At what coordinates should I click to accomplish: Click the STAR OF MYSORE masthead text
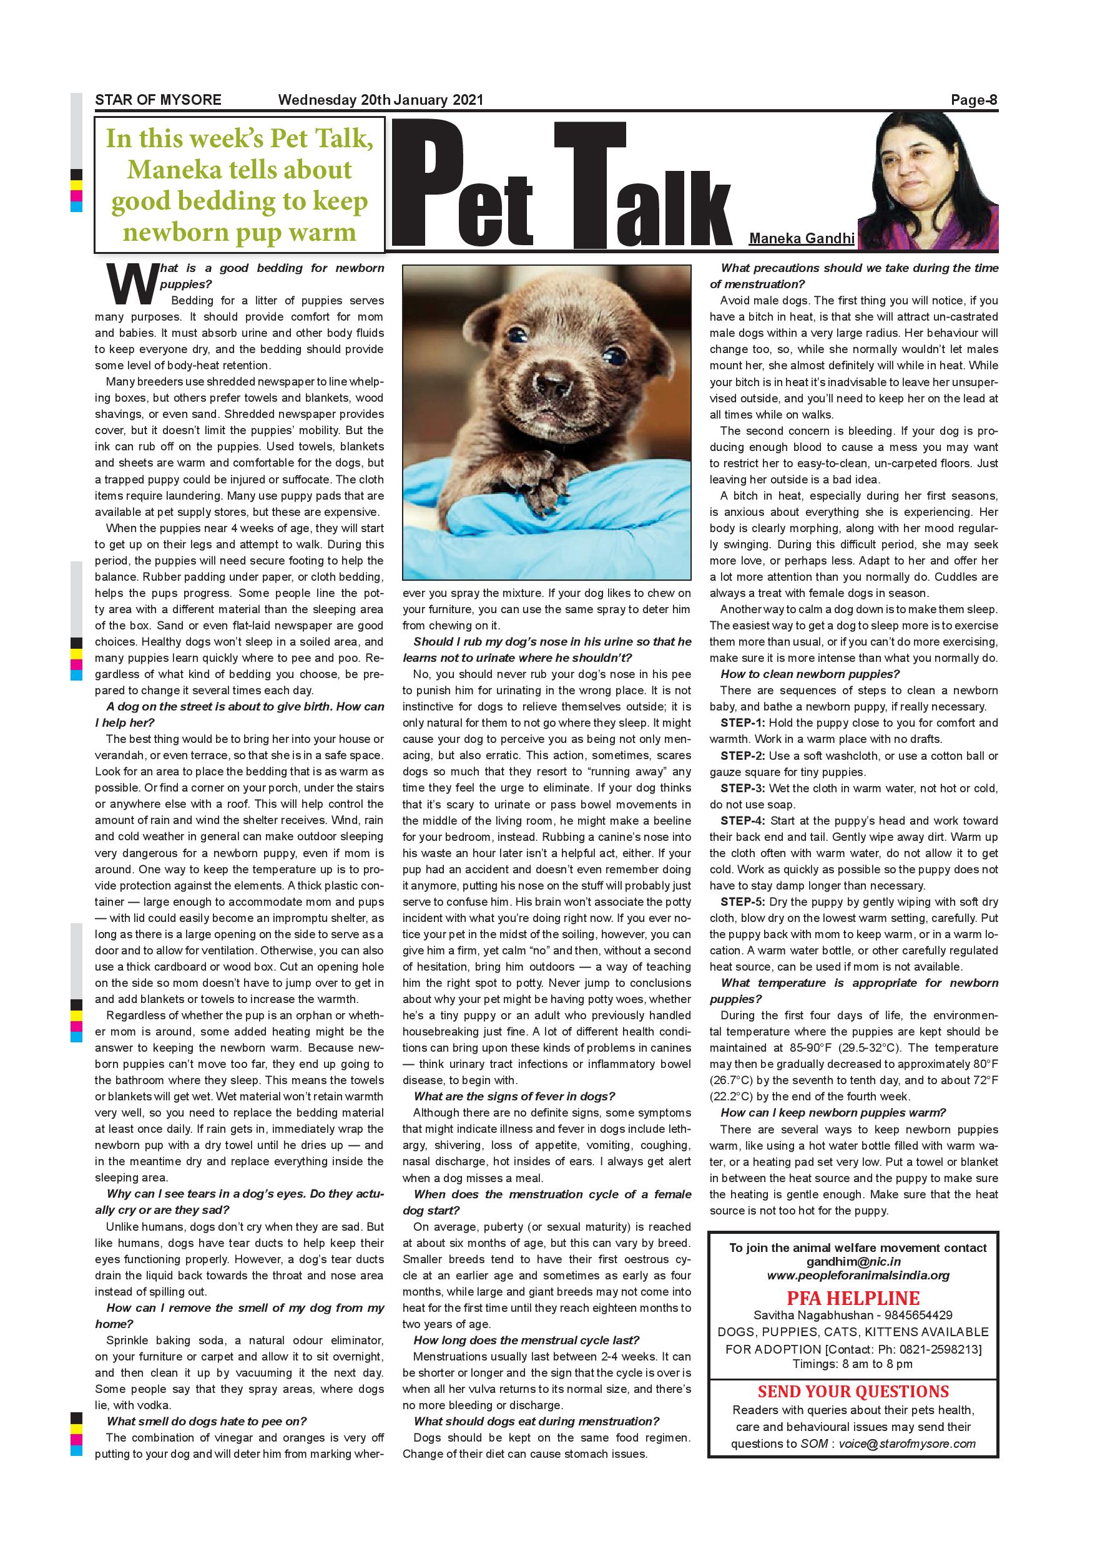tap(158, 100)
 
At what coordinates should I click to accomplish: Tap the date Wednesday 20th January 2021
tap(380, 100)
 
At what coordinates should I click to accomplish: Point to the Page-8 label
tap(974, 100)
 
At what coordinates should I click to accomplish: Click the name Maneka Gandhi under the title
tap(802, 238)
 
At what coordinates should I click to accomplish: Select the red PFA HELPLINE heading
tap(853, 1298)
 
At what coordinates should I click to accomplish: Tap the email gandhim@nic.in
tap(853, 1262)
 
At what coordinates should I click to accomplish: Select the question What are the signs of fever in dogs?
tap(514, 1097)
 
